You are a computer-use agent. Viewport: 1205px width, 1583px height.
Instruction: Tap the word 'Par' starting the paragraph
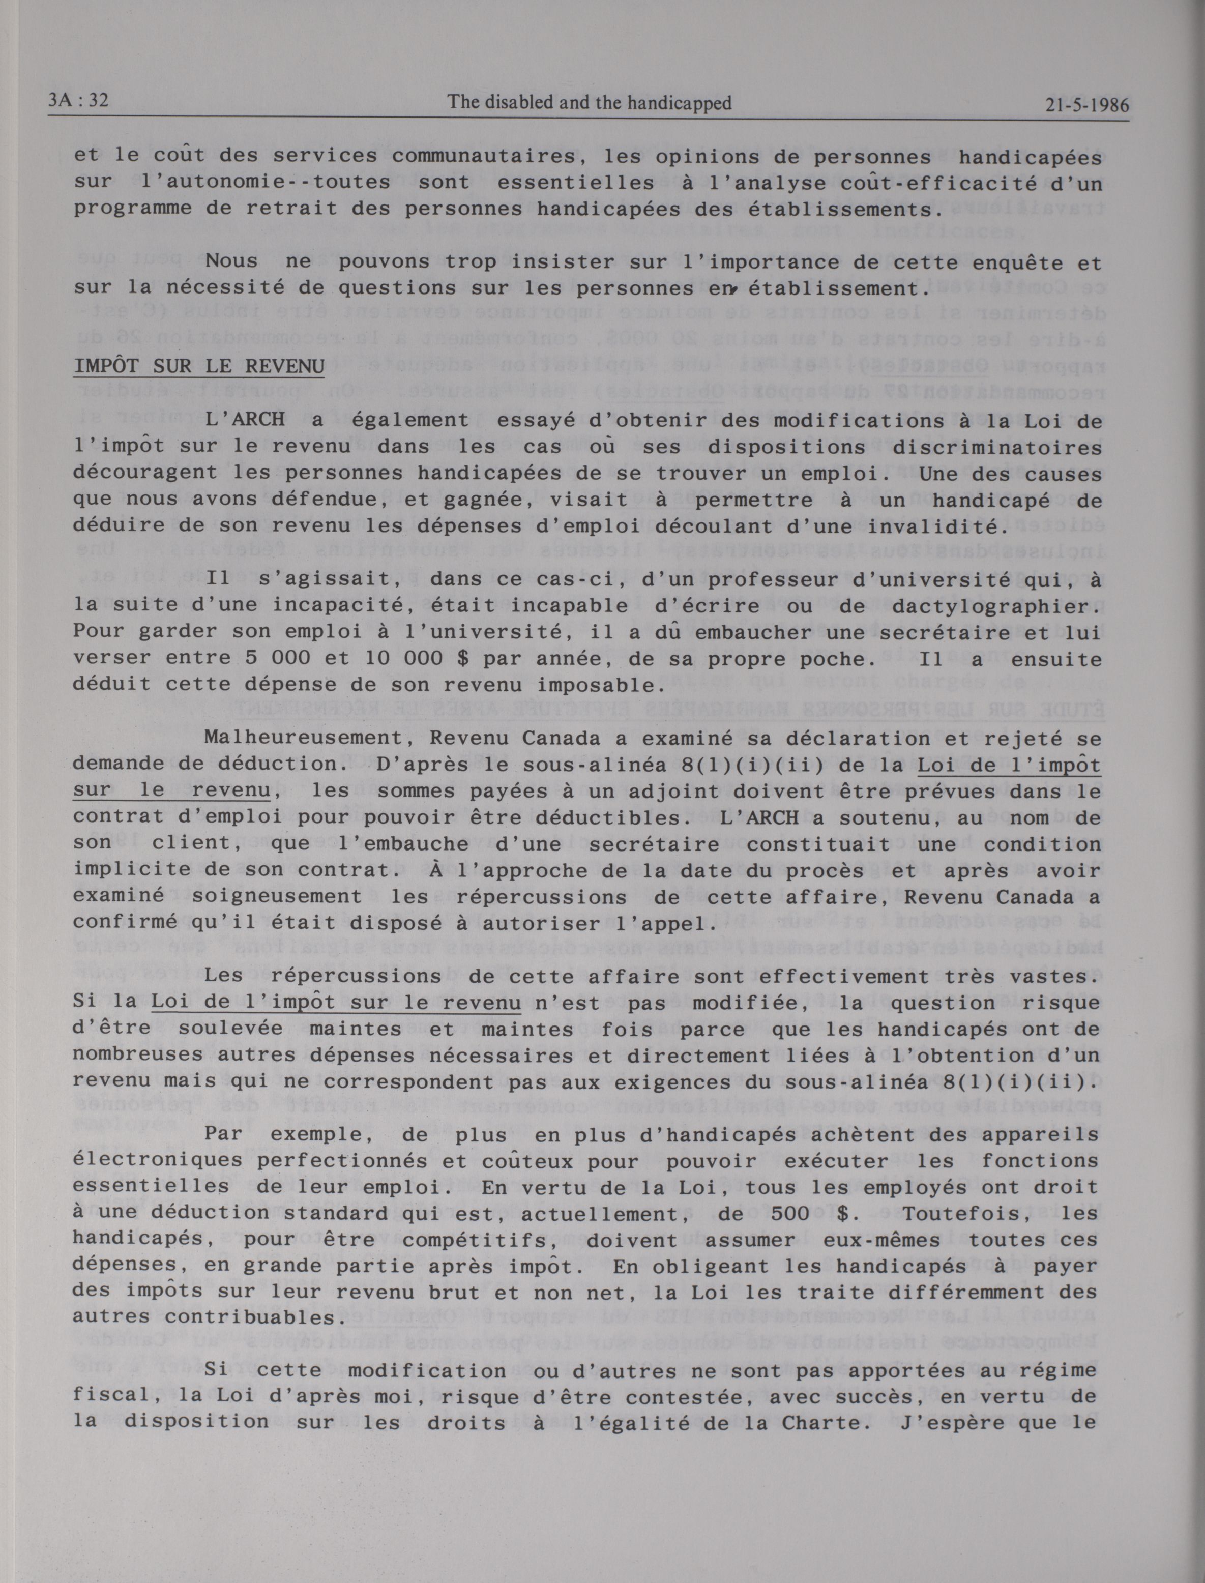point(224,1135)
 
